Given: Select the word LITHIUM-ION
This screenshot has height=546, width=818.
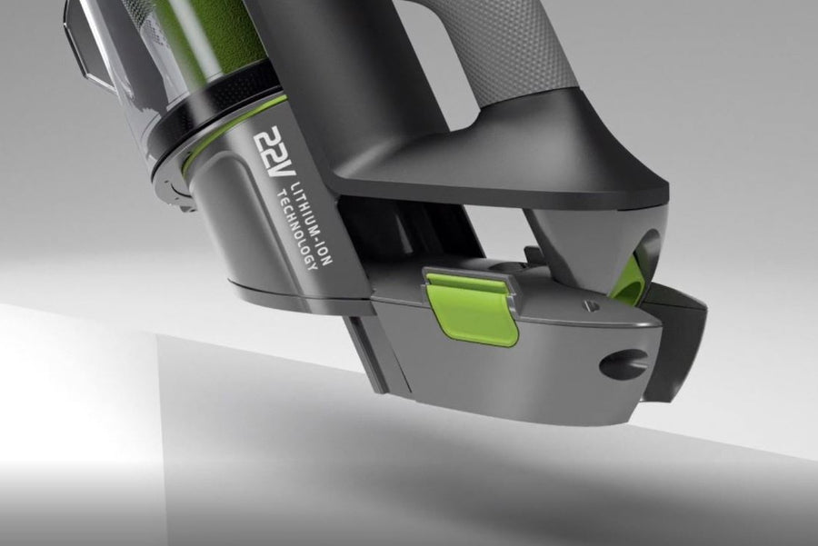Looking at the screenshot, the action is click(x=312, y=223).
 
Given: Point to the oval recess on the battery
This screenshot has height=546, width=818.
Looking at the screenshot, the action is click(x=623, y=363).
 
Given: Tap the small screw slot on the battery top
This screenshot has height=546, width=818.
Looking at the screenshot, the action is click(x=590, y=304).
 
